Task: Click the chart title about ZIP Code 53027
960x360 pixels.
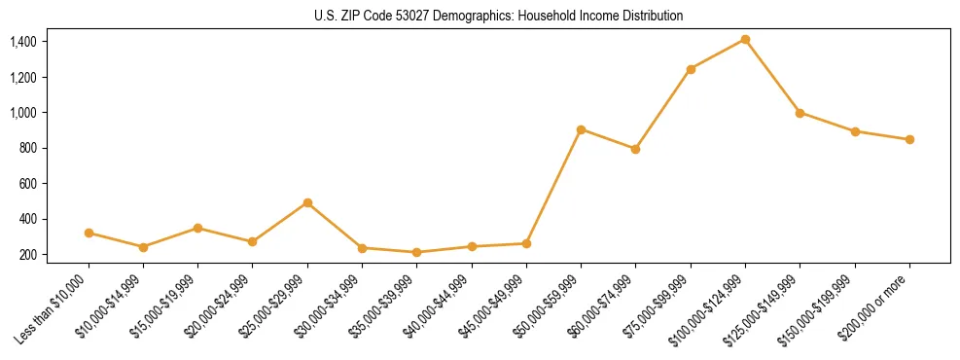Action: coord(499,16)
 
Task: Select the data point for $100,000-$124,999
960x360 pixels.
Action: coord(745,39)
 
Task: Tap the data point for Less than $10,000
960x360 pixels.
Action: coord(89,233)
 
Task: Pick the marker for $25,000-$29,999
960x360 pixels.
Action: coord(307,202)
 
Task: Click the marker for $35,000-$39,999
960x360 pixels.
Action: coord(417,252)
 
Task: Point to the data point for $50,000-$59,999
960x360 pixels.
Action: coord(581,129)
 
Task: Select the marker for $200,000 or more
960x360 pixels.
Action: coord(909,139)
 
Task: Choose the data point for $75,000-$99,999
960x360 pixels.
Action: coord(691,69)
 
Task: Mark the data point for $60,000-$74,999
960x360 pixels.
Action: coord(635,149)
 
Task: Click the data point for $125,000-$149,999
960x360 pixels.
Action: coord(800,112)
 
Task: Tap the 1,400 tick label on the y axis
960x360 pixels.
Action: coord(23,42)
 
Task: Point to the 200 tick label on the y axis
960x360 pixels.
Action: coord(28,255)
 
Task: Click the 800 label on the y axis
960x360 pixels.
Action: coord(28,148)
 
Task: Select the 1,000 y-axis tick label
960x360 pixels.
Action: coord(23,113)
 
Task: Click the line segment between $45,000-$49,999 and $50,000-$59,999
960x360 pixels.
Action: coord(553,186)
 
